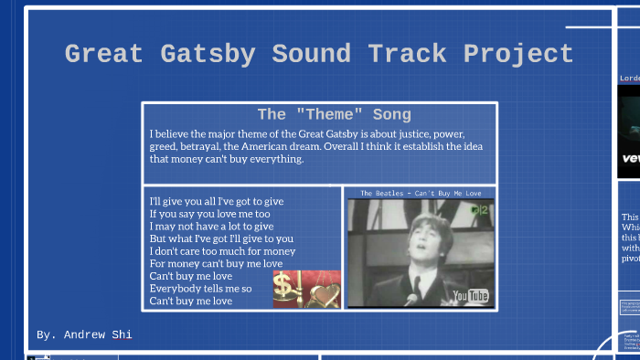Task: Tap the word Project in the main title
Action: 518,54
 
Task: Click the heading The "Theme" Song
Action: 334,114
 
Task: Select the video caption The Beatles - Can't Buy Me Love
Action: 420,193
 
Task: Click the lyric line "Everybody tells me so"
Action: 200,289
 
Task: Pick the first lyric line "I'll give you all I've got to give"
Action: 216,201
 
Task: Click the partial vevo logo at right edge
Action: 630,157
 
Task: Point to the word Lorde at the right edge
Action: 630,79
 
